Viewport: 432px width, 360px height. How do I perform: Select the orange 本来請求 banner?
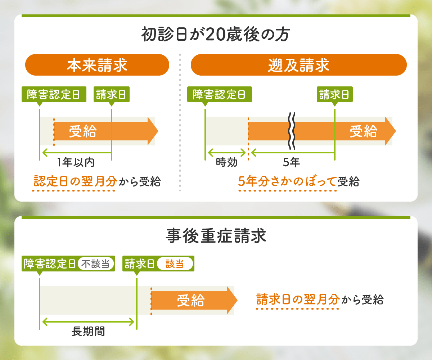point(97,65)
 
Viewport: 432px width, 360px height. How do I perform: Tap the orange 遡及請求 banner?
point(298,65)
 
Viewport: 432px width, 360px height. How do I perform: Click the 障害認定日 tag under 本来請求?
point(54,94)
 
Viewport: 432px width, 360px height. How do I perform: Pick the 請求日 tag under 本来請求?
point(111,94)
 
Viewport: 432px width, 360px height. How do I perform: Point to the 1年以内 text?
point(76,163)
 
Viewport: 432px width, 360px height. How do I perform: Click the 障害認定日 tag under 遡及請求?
point(219,94)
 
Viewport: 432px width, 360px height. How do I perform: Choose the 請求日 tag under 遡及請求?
point(334,94)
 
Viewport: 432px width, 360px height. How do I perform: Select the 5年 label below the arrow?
point(291,163)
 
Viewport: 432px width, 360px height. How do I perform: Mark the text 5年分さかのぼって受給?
point(298,181)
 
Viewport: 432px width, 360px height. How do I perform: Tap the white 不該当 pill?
point(95,264)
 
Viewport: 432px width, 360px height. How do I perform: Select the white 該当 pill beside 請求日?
point(175,264)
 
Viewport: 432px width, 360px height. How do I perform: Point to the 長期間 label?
point(88,331)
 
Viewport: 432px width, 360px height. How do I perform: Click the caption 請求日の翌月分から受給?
point(319,300)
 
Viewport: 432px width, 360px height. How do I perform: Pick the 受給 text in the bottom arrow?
point(191,300)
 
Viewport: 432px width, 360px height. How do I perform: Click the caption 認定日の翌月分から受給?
point(96,181)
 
